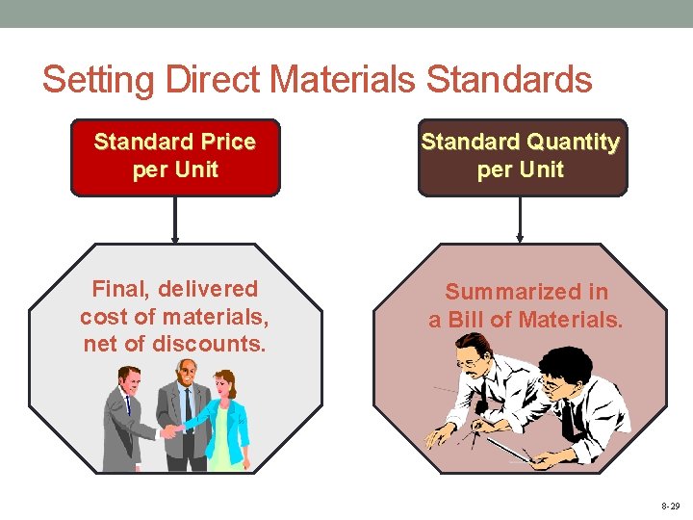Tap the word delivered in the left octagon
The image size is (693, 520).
pos(211,289)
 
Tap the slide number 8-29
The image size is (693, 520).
pos(671,506)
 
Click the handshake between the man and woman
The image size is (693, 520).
pos(173,430)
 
